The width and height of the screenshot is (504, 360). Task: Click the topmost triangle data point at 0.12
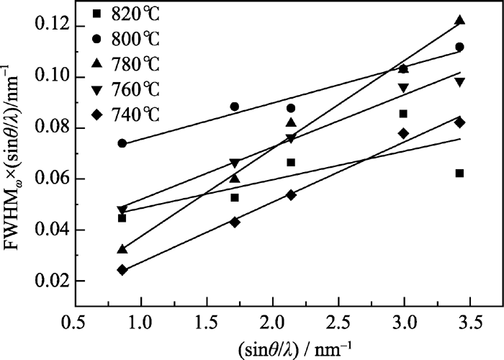coord(459,20)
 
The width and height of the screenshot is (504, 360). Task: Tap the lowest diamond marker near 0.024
coord(122,270)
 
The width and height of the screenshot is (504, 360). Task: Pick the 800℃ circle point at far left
coord(122,143)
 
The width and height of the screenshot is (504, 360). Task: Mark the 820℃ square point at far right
coord(459,173)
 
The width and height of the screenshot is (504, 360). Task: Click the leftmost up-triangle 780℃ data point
coord(122,249)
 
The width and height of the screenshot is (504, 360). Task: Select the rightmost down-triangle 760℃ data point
coord(459,82)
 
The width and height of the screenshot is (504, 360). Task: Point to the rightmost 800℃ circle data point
coord(459,47)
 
